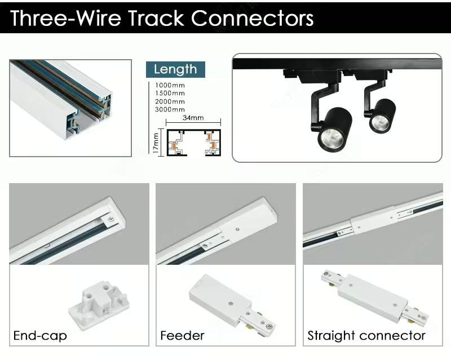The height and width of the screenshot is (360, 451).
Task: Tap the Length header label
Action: [175, 69]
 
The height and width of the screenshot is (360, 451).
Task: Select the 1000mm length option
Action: [170, 85]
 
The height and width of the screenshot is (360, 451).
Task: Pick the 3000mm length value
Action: [170, 109]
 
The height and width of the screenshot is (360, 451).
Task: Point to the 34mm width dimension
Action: [193, 118]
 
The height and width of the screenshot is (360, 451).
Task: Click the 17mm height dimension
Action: [156, 141]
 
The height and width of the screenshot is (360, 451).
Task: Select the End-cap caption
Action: [40, 336]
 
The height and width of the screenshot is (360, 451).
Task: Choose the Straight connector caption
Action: [366, 336]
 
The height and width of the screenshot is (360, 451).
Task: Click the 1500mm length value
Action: [170, 93]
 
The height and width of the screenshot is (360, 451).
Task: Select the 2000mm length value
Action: [170, 101]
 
